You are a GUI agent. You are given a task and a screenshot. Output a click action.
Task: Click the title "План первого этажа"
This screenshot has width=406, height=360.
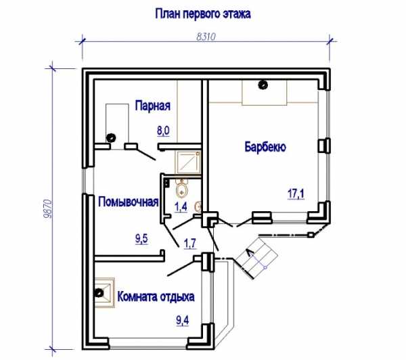203,14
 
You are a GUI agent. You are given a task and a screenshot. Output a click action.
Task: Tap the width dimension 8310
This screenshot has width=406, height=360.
206,37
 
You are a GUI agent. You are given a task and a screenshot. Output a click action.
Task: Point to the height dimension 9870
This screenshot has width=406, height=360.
48,208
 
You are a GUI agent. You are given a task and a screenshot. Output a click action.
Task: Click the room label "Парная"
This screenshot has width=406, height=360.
153,106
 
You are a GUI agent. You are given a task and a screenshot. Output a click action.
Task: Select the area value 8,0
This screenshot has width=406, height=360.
163,131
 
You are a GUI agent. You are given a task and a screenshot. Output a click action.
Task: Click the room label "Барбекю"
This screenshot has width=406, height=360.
265,147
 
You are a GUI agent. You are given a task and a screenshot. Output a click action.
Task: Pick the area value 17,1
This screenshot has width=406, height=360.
296,194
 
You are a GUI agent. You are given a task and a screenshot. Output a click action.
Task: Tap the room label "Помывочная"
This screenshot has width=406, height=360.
128,202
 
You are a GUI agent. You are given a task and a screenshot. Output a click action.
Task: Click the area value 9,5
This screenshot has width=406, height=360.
141,239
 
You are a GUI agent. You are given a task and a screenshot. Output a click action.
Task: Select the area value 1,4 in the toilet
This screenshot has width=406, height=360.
181,207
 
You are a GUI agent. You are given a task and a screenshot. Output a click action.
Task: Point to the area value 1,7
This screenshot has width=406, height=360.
189,244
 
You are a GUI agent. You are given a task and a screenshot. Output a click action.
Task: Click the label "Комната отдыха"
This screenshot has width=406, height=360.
156,296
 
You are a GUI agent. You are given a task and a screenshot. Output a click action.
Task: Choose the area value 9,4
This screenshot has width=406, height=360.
183,321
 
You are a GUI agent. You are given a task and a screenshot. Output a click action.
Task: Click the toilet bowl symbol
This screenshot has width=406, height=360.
182,189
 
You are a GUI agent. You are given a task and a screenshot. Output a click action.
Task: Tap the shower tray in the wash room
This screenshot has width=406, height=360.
189,162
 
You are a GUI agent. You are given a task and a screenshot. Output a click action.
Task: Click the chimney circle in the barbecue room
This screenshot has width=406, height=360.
263,85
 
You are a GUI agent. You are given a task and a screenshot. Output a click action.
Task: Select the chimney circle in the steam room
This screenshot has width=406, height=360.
111,137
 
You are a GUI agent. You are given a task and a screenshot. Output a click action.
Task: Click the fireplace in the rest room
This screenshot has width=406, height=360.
104,293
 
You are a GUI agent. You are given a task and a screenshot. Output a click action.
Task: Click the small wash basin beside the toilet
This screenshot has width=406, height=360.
199,206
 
